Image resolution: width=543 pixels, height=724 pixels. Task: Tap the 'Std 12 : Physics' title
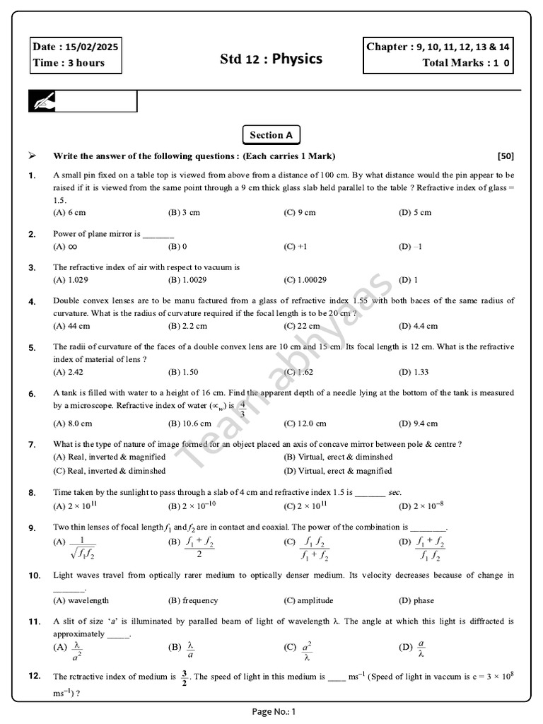[x=271, y=58]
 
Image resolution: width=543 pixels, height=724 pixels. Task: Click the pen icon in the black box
[x=42, y=102]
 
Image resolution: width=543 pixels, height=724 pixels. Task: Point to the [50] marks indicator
[x=506, y=156]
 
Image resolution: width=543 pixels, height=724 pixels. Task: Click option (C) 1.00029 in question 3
[x=305, y=280]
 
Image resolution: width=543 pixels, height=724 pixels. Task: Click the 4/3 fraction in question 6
[x=243, y=408]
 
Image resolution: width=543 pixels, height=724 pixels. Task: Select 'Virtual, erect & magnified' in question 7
[x=337, y=470]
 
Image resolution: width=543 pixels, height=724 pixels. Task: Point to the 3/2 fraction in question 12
[x=184, y=677]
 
